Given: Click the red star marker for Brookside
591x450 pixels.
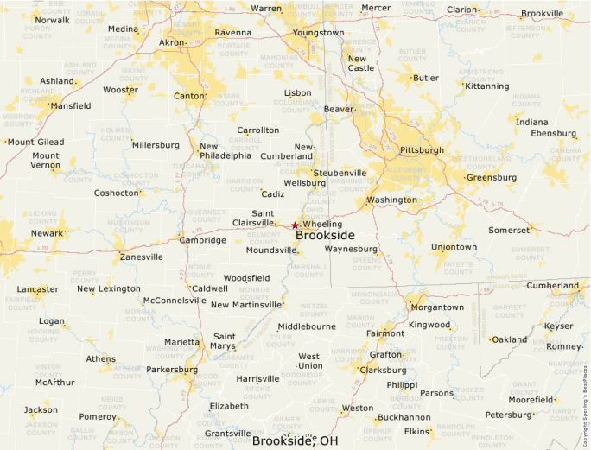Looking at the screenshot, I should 295,225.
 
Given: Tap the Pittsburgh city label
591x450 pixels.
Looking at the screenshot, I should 422,149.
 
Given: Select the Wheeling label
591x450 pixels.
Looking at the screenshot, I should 322,225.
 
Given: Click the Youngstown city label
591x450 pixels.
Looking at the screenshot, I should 318,33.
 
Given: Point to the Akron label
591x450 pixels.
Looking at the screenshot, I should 172,41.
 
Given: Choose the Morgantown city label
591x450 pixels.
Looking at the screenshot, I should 436,307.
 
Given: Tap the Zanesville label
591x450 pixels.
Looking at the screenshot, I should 141,257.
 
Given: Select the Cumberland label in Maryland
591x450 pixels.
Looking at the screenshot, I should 553,285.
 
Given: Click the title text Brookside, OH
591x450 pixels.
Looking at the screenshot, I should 295,440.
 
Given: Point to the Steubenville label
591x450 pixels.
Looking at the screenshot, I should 340,173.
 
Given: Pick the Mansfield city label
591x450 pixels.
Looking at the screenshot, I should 70,106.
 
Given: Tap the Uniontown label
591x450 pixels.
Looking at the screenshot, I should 454,247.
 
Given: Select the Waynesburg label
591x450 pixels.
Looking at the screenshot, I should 351,249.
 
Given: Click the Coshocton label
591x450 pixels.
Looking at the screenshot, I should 116,193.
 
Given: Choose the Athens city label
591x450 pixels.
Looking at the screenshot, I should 100,358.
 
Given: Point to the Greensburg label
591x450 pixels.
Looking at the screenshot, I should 491,178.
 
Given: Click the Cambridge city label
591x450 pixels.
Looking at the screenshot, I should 202,240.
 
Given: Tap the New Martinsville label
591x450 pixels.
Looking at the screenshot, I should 246,304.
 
